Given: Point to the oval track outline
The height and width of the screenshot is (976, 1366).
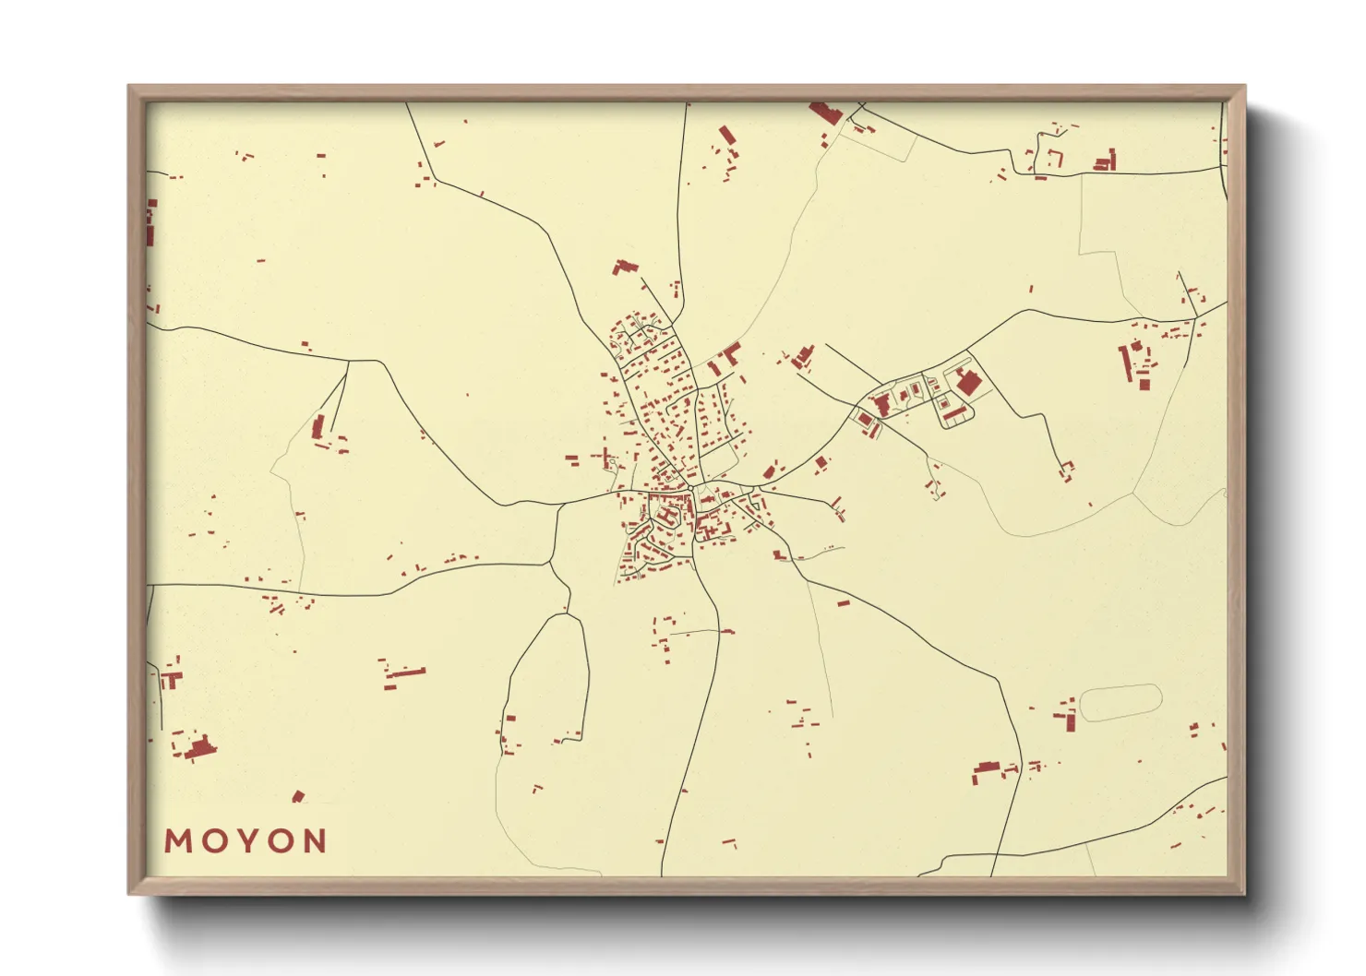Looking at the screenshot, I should coord(1120,702).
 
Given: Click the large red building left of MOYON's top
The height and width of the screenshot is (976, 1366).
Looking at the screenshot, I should coord(198,747).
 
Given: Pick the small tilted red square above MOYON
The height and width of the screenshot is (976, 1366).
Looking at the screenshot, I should coord(297,796).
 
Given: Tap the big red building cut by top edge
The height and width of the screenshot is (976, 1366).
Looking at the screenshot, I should coord(825,113).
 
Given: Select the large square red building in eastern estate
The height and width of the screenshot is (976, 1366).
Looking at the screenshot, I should coord(967,382).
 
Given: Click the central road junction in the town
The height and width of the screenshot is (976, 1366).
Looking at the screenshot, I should coord(690,486).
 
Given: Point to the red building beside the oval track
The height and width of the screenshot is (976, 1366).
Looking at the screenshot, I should coord(1069,720).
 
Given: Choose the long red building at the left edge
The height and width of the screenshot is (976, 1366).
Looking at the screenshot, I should coord(150,223).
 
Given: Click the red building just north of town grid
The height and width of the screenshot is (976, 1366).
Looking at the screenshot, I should coord(624,268).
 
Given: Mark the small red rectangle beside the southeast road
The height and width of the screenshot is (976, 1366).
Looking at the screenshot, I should coord(843,602).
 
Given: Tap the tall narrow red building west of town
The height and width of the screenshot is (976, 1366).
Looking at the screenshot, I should coord(318,426).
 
